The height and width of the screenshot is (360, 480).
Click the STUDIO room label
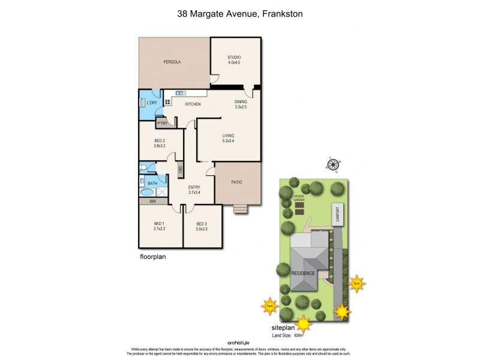[234, 58]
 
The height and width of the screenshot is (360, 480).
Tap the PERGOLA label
[172, 62]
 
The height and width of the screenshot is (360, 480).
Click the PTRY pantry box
[162, 124]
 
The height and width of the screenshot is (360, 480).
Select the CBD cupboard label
[180, 170]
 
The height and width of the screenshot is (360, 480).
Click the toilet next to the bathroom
[143, 168]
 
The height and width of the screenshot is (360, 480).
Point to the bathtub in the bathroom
[147, 193]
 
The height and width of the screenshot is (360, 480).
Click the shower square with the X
[162, 193]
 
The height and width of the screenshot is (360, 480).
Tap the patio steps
[241, 209]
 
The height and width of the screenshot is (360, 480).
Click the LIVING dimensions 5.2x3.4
[227, 142]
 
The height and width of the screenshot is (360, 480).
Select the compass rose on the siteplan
[334, 163]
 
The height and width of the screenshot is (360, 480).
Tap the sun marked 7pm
[357, 283]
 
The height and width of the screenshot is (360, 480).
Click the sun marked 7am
[269, 307]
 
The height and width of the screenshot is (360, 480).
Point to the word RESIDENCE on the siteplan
[304, 273]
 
